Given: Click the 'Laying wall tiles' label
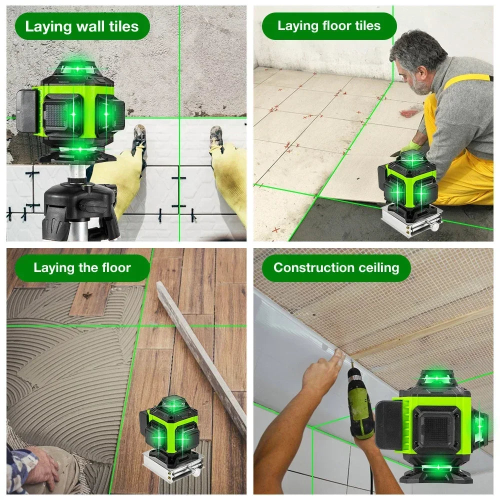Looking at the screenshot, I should [82, 26].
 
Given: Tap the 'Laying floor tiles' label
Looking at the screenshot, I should [328, 26].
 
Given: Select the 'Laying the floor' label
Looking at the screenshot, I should [82, 267].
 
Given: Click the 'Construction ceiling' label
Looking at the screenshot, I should [336, 267].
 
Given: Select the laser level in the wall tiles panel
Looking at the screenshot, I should [75, 110].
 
